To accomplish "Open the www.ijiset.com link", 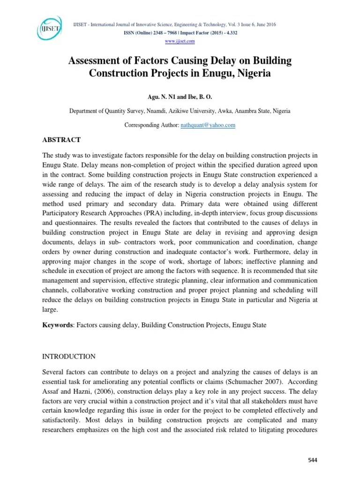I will pyautogui.click(x=180, y=41).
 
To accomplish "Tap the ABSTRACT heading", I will pyautogui.click(x=62, y=140).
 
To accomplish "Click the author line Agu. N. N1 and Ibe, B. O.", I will pyautogui.click(x=180, y=97).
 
